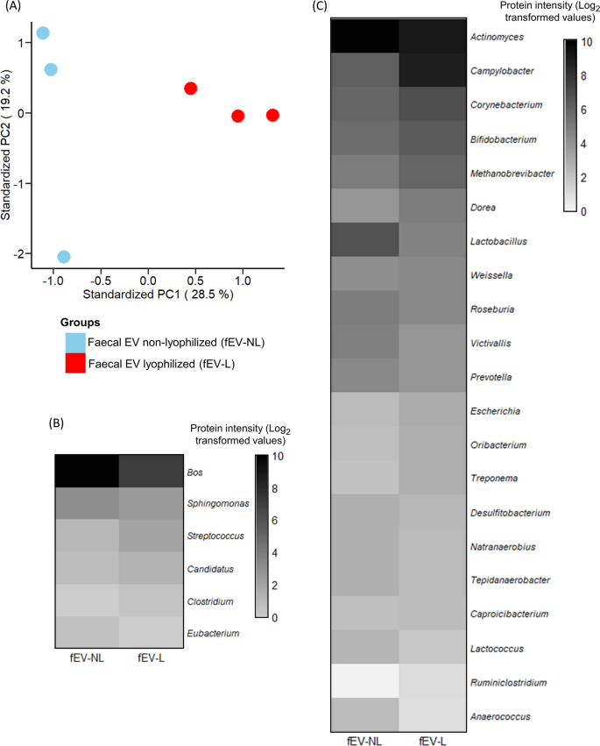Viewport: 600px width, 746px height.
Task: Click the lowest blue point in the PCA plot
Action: coord(64,257)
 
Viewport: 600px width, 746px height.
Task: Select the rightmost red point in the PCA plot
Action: coord(272,116)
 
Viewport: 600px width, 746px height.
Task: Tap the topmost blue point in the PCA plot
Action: coord(43,33)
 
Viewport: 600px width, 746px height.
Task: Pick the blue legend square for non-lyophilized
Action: coord(75,342)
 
